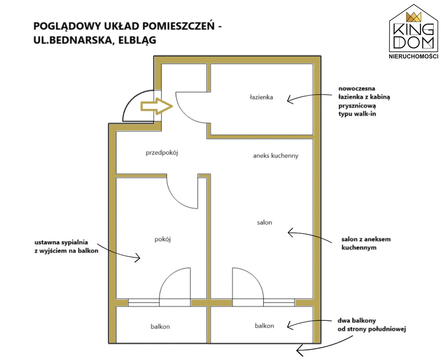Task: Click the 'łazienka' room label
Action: tap(262, 97)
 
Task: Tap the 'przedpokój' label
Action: tap(162, 153)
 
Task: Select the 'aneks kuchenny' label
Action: tap(275, 156)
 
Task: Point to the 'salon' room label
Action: tap(265, 222)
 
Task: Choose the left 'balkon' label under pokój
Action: tap(160, 327)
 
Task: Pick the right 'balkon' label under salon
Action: tap(264, 326)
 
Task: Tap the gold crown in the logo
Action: tap(413, 17)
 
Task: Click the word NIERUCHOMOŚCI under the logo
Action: tap(413, 56)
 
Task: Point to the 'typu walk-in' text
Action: tap(357, 114)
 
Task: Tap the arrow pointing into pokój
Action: tap(119, 250)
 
